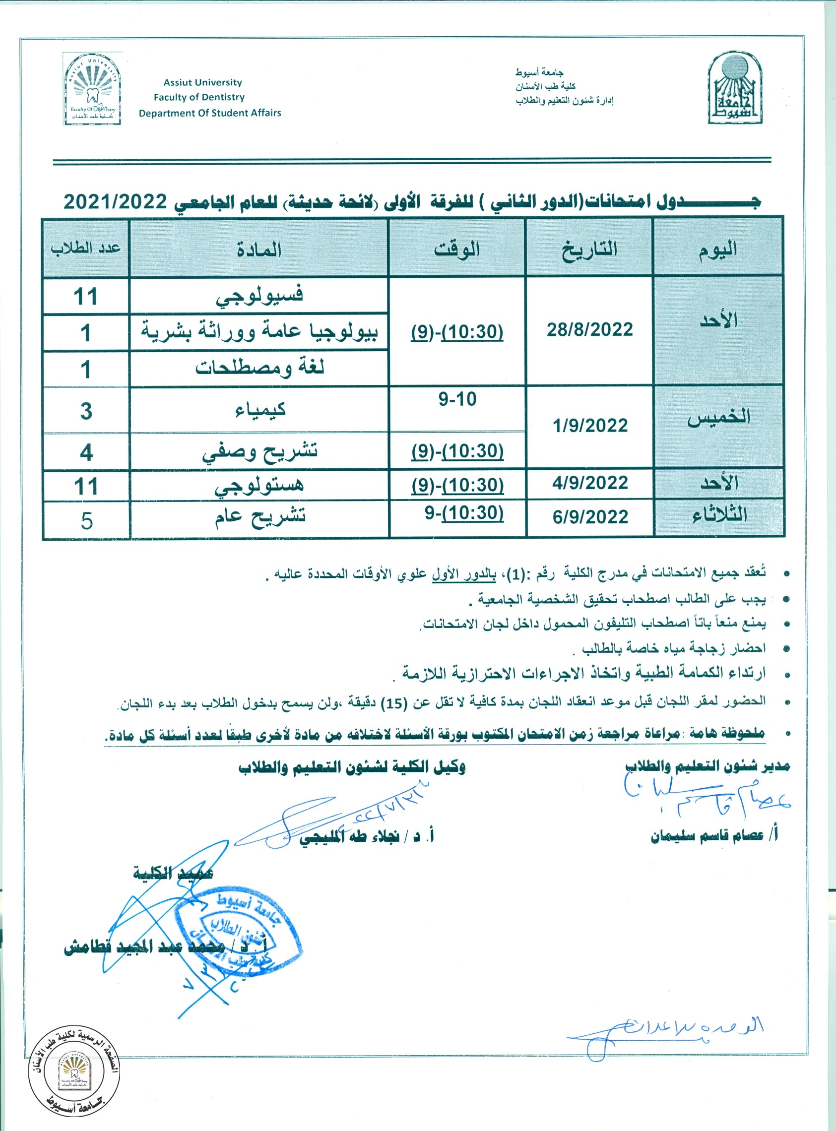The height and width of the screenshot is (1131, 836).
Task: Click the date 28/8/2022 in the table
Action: click(x=589, y=330)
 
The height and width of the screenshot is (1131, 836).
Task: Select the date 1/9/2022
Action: click(x=590, y=426)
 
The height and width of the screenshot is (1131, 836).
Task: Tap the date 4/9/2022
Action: click(x=590, y=483)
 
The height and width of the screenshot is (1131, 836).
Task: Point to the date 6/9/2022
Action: click(x=590, y=517)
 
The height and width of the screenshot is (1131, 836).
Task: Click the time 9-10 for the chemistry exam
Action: click(x=457, y=400)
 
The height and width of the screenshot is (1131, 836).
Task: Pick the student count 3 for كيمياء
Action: click(x=86, y=411)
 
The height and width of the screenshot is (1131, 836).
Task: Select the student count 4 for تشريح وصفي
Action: click(x=86, y=452)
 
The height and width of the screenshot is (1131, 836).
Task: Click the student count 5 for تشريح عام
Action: click(x=86, y=520)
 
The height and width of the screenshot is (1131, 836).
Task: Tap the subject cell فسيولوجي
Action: click(x=259, y=296)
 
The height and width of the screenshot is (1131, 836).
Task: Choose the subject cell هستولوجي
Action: click(x=259, y=486)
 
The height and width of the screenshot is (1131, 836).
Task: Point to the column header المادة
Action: click(x=258, y=250)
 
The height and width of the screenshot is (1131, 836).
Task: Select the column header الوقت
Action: click(x=456, y=250)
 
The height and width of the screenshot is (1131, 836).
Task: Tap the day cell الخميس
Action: click(x=718, y=417)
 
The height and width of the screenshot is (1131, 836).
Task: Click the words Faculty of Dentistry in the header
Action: click(x=199, y=97)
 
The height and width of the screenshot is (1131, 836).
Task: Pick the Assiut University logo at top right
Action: click(x=735, y=88)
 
